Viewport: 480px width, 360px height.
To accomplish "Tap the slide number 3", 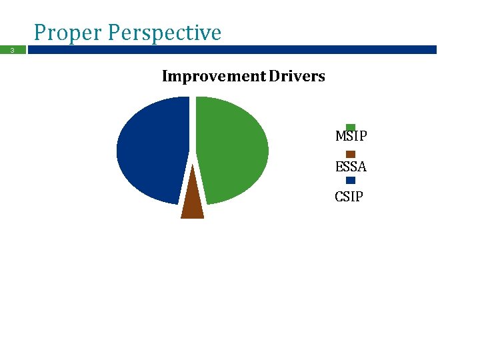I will click(x=11, y=50).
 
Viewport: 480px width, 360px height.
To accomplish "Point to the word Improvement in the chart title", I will click(x=213, y=76).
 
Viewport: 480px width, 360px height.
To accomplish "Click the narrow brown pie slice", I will click(x=192, y=200).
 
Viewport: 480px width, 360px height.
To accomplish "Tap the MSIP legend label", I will click(x=351, y=137).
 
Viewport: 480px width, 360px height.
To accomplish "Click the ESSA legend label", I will click(x=351, y=167).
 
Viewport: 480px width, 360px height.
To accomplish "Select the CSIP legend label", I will click(x=349, y=197).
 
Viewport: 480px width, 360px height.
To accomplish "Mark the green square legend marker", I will click(x=351, y=127).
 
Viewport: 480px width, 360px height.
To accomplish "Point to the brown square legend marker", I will click(x=351, y=154).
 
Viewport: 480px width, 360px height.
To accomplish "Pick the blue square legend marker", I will click(x=351, y=181).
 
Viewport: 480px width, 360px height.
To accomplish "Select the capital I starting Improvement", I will click(x=165, y=76).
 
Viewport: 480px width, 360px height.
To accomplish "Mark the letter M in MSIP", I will click(x=340, y=137).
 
